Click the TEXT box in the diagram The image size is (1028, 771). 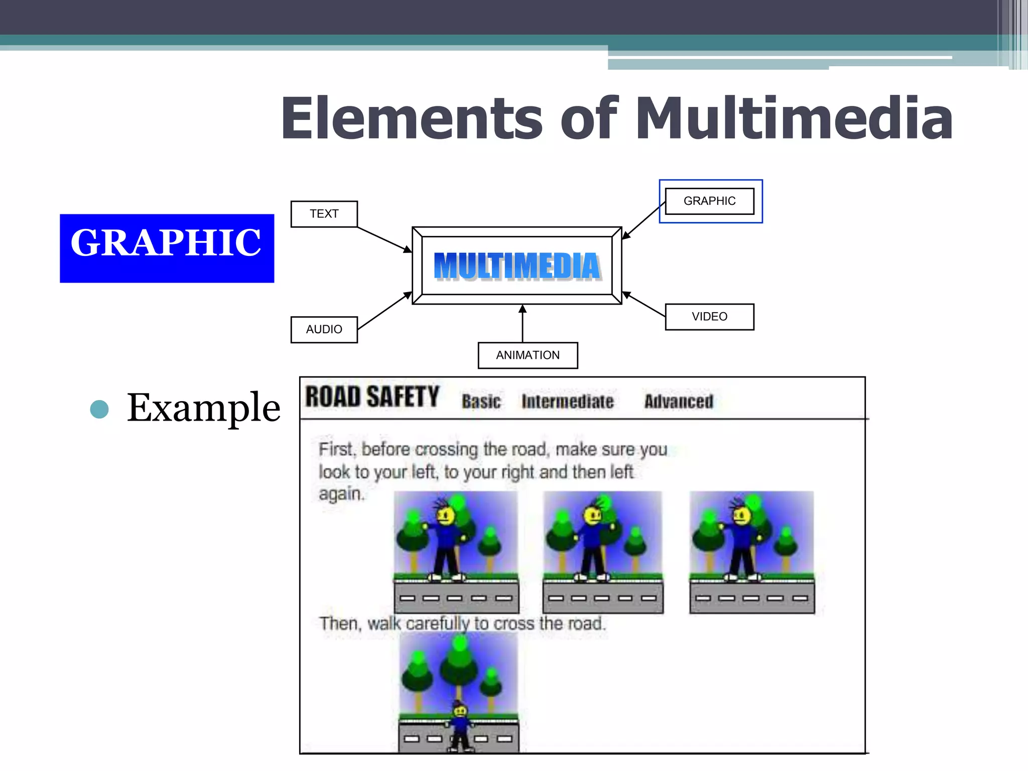click(x=324, y=214)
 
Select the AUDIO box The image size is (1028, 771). click(x=324, y=329)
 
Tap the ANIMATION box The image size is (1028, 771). click(x=528, y=355)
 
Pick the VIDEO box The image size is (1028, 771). click(x=709, y=317)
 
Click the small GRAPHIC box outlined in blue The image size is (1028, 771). click(x=709, y=201)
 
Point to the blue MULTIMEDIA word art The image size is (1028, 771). click(x=517, y=266)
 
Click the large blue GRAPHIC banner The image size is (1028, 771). click(x=167, y=248)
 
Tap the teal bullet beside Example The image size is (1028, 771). click(x=99, y=409)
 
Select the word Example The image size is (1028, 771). click(x=203, y=408)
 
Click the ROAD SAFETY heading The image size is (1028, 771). click(x=372, y=397)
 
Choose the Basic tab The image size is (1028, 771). click(x=481, y=402)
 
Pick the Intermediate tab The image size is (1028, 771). click(x=567, y=402)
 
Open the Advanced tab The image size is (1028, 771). click(x=679, y=402)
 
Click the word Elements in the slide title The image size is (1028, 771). click(x=412, y=118)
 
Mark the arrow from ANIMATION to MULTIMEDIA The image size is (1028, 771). click(x=523, y=323)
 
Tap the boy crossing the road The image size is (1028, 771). click(x=460, y=725)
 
